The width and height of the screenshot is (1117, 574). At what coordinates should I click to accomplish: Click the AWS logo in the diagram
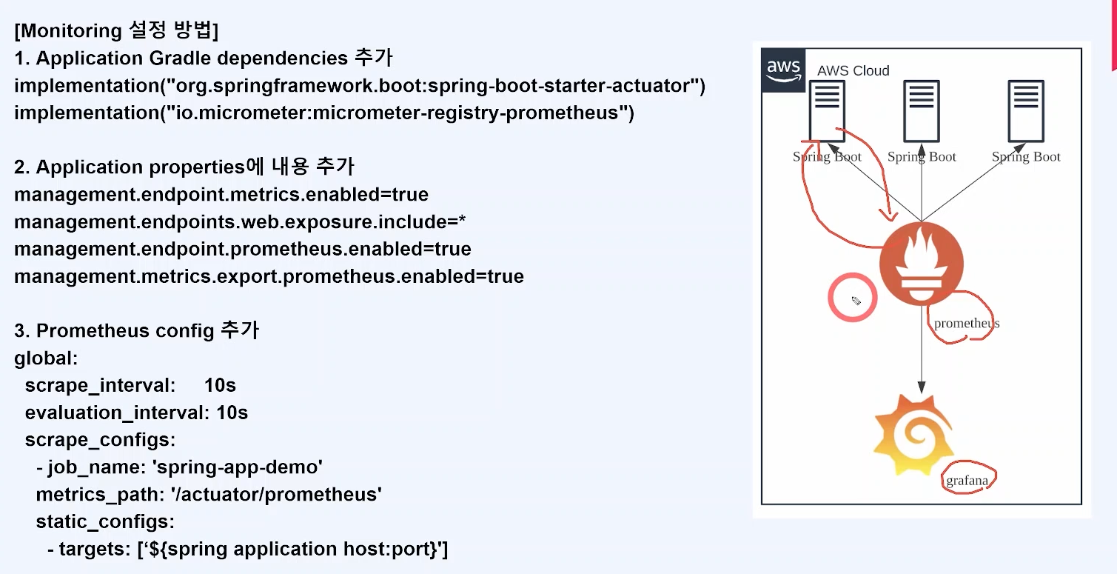(783, 70)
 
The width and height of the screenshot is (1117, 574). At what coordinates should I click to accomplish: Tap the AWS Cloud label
(853, 70)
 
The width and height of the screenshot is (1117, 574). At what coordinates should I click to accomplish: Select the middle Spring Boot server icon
(922, 111)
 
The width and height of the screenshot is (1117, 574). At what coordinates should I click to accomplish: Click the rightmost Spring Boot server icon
(1026, 111)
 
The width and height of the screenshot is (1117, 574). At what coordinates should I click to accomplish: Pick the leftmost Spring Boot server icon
(827, 111)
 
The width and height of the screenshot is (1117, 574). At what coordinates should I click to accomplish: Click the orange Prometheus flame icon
(922, 263)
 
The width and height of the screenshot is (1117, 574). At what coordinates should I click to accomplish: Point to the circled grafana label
(967, 481)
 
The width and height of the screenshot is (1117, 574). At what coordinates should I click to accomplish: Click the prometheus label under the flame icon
(966, 323)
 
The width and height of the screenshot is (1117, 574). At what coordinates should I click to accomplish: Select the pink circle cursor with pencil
(853, 298)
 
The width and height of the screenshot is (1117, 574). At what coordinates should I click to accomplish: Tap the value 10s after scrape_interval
(220, 385)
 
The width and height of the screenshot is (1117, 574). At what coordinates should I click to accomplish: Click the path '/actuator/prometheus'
(276, 494)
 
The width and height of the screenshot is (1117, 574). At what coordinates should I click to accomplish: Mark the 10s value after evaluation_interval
(232, 413)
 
